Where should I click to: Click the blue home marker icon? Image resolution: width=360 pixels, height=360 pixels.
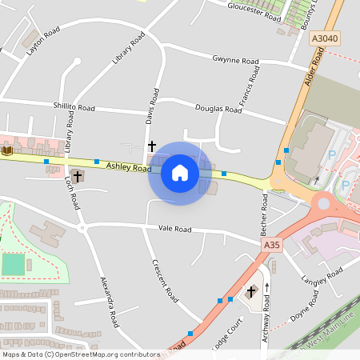pyautogui.click(x=180, y=173)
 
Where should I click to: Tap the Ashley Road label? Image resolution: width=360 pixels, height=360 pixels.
pyautogui.click(x=129, y=168)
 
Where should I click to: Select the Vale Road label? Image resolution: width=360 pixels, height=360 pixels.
pyautogui.click(x=175, y=229)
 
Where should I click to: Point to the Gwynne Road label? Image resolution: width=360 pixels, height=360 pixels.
pyautogui.click(x=235, y=61)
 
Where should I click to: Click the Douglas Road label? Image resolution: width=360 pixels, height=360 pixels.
pyautogui.click(x=218, y=108)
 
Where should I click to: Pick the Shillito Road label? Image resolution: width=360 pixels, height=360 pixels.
pyautogui.click(x=74, y=107)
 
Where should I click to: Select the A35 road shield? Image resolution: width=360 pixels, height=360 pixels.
pyautogui.click(x=272, y=246)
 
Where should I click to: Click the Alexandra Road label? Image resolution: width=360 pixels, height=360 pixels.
pyautogui.click(x=109, y=302)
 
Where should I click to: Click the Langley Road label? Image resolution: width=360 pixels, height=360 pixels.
pyautogui.click(x=322, y=279)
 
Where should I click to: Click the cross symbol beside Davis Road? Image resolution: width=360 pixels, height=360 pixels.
pyautogui.click(x=151, y=146)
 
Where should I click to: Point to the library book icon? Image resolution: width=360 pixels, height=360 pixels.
pyautogui.click(x=8, y=150)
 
